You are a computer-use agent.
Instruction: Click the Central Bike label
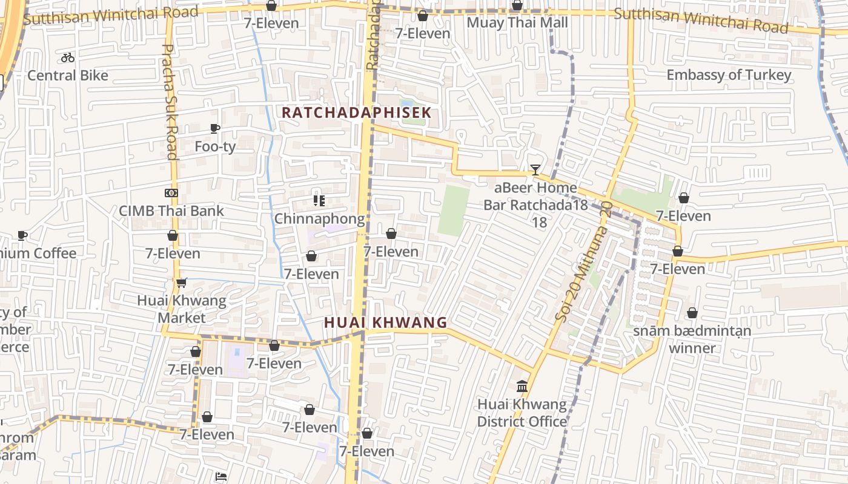68,76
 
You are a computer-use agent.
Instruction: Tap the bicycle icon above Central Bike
68,57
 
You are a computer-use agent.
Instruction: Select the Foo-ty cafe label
215,146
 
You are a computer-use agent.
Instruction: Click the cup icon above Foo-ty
214,128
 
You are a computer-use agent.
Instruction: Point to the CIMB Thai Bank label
171,211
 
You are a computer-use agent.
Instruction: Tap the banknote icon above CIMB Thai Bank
171,193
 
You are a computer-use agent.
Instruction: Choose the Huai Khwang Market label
181,309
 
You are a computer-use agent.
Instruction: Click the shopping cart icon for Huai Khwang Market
181,283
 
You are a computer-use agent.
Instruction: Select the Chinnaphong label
319,218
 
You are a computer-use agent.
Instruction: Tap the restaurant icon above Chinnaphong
319,201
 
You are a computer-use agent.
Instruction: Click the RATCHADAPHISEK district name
357,113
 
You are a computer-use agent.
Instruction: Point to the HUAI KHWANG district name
385,322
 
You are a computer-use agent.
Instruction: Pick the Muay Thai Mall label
517,23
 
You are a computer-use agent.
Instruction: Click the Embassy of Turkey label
729,75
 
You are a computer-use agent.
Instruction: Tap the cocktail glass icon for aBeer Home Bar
535,170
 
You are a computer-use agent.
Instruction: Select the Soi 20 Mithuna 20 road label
585,261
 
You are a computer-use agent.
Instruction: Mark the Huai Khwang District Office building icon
522,386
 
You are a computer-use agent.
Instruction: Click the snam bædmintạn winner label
692,339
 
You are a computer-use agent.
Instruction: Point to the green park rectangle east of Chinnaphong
454,211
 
